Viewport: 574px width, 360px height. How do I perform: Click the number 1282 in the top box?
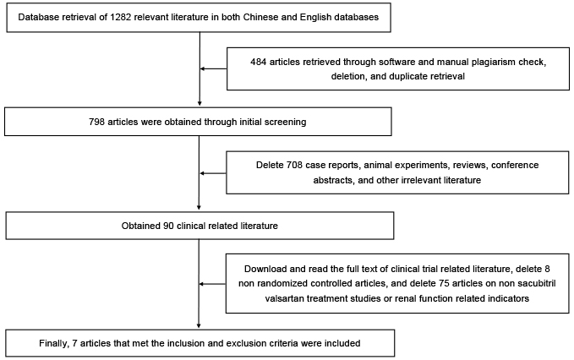pyautogui.click(x=120, y=17)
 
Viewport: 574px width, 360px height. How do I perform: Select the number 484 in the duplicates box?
pyautogui.click(x=258, y=63)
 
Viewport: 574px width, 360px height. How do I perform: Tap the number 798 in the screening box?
pyautogui.click(x=96, y=122)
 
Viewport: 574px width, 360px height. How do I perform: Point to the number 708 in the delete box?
pyautogui.click(x=294, y=165)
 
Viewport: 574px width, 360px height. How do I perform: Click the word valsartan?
pyautogui.click(x=284, y=298)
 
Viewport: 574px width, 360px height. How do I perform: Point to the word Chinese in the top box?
pyautogui.click(x=260, y=17)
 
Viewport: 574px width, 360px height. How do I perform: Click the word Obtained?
pyautogui.click(x=141, y=226)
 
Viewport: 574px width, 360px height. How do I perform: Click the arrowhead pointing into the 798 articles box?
pyautogui.click(x=200, y=104)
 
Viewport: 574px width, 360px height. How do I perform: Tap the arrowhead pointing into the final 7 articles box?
pyautogui.click(x=199, y=325)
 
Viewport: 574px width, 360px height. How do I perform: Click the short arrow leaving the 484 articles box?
pyautogui.click(x=213, y=68)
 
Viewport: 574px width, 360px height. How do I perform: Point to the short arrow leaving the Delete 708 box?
pyautogui.click(x=213, y=173)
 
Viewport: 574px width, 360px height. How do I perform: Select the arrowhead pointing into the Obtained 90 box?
pyautogui.click(x=199, y=207)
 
